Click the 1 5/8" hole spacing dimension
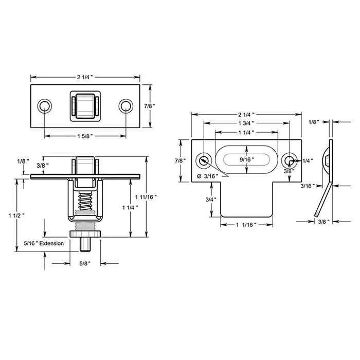click(x=85, y=136)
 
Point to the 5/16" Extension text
click(x=44, y=243)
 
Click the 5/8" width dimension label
click(x=85, y=264)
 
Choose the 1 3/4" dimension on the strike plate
click(x=247, y=123)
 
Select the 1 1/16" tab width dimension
click(x=247, y=225)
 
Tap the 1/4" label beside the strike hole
click(x=307, y=160)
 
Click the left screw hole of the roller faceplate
click(x=45, y=106)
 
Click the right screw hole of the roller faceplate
click(x=125, y=106)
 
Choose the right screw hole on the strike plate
click(x=289, y=160)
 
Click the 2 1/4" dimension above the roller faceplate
click(x=85, y=77)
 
